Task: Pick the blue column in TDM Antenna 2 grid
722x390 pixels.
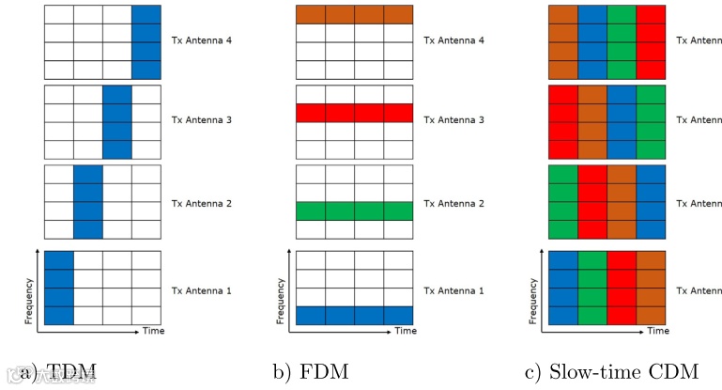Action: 87,202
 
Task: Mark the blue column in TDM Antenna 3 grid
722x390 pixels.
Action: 116,122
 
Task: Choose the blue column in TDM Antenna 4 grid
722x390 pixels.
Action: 146,41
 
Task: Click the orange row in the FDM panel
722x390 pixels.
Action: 354,14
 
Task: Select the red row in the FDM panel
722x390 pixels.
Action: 354,113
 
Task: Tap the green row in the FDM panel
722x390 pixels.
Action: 354,211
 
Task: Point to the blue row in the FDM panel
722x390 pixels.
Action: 354,316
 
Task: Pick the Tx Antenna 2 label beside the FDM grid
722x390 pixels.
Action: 453,202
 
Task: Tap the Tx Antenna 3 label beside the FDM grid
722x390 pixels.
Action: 453,121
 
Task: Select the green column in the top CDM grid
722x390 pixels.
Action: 621,41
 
